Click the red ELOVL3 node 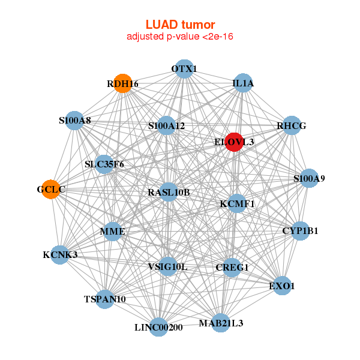(233, 142)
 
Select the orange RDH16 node (123, 84)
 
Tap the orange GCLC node (52, 189)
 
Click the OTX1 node (184, 69)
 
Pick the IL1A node (243, 84)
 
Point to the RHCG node (292, 126)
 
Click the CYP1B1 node (300, 230)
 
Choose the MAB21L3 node (221, 323)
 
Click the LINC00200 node (158, 327)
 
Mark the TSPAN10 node (105, 298)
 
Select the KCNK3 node (60, 254)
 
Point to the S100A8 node (75, 121)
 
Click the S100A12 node (167, 126)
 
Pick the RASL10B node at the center (169, 193)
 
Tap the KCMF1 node (237, 203)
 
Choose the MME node (113, 231)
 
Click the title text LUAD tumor (180, 25)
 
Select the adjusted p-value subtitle (180, 37)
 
